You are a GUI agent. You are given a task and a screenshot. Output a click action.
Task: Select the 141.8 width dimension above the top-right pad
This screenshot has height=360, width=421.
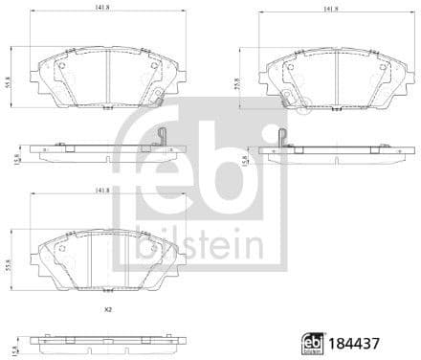point(332,7)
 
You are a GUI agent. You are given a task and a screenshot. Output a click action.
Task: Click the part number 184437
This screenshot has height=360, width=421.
point(375,342)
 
